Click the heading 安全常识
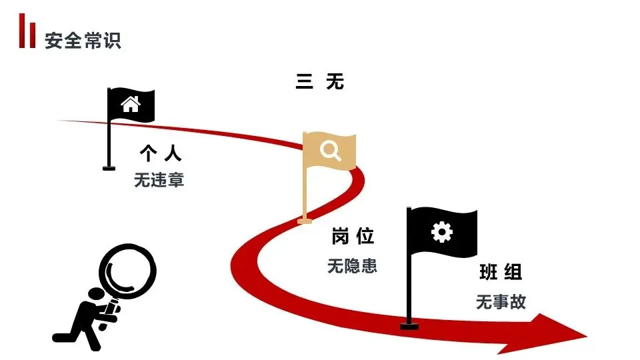(83, 41)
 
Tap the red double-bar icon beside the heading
(27, 33)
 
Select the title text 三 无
(319, 81)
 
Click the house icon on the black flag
(131, 104)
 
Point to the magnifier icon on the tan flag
(330, 150)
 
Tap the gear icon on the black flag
(441, 232)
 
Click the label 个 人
(160, 154)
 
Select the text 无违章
(159, 180)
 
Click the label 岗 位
(353, 236)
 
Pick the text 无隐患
(352, 265)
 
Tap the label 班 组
(500, 272)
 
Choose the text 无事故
(501, 301)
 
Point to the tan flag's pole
(306, 187)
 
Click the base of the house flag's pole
(109, 168)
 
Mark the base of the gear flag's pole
(409, 326)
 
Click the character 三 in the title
(304, 81)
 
